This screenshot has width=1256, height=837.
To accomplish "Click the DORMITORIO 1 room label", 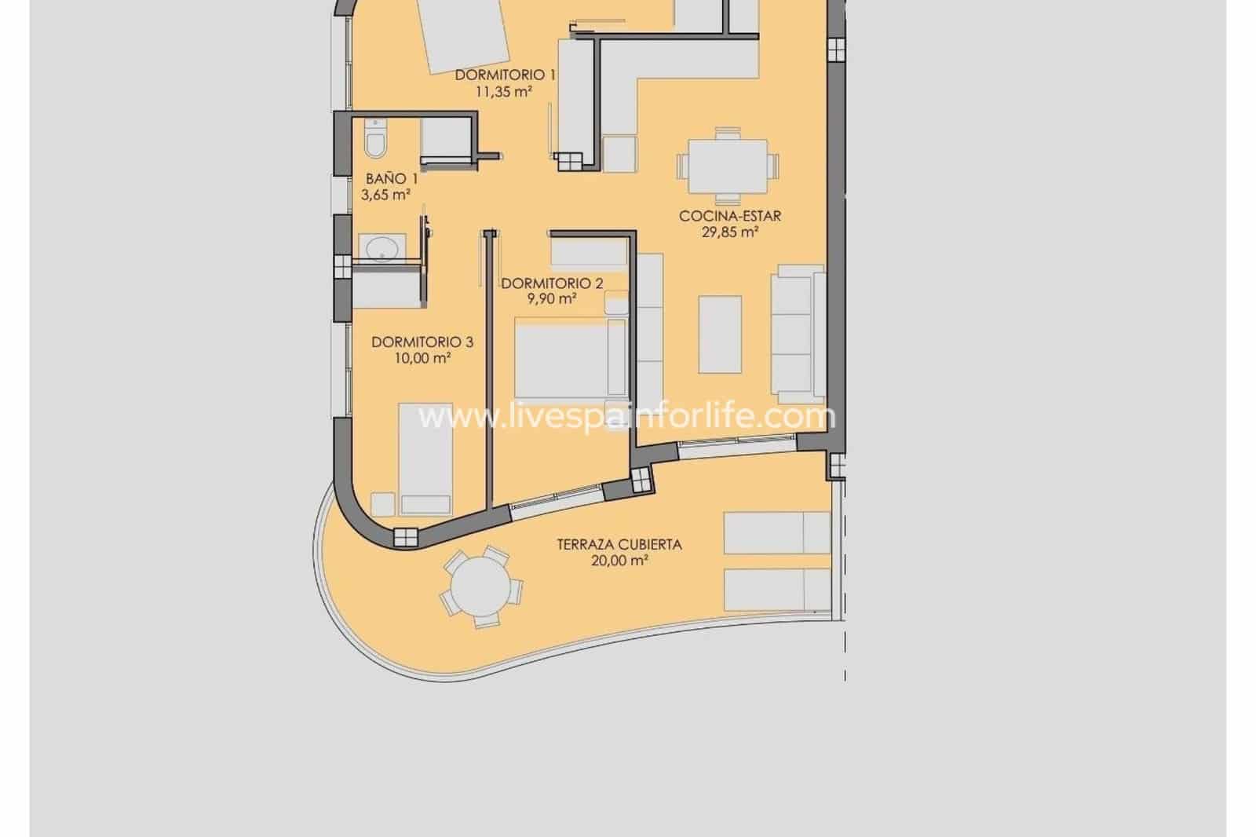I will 506,75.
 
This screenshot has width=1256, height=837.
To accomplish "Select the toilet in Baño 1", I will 376,142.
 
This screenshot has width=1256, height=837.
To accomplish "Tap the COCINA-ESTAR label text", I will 730,216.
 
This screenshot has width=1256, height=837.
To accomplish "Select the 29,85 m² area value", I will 730,232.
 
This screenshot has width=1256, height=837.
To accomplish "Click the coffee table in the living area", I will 720,334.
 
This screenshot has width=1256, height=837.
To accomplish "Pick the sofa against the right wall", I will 797,333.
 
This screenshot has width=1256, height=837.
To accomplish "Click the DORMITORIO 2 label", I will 552,283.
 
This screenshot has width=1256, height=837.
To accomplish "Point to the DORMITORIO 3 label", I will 422,342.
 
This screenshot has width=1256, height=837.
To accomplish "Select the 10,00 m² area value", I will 422,358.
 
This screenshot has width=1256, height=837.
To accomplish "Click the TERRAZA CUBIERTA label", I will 619,544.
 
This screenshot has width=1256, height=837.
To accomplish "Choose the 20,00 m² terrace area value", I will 619,561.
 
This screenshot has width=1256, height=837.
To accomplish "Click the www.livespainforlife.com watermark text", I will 626,416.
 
